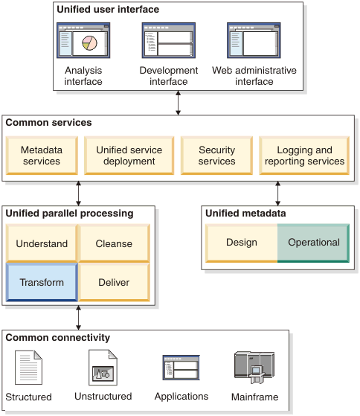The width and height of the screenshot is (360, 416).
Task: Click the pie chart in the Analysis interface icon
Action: tap(89, 43)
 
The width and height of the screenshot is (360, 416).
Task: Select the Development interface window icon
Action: tap(169, 40)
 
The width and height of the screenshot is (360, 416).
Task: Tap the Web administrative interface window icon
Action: tap(254, 40)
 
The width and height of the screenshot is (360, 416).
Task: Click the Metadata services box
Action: tap(42, 156)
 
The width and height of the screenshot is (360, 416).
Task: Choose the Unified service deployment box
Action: tap(129, 156)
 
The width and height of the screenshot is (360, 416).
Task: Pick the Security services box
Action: tap(216, 156)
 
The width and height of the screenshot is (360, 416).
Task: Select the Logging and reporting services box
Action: tap(304, 156)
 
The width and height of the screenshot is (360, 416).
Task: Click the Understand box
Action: tap(42, 243)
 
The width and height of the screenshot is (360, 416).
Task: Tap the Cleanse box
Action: tap(114, 243)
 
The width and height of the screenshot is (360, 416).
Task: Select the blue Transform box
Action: tap(42, 282)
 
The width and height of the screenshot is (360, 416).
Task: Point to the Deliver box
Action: tap(114, 282)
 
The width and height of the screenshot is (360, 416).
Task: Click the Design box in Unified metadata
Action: tap(242, 243)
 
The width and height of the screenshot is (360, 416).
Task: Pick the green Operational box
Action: tap(314, 243)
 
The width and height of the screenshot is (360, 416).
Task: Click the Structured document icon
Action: tap(28, 368)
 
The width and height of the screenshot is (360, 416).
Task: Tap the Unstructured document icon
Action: tap(103, 368)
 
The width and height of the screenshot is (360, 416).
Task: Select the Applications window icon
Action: tap(181, 368)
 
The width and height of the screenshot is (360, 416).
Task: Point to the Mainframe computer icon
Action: tap(254, 368)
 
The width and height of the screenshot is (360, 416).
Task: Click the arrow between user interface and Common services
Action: tap(179, 103)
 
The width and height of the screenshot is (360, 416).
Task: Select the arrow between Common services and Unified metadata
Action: tap(278, 193)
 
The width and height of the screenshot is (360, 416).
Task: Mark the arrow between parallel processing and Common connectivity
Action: tap(78, 318)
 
